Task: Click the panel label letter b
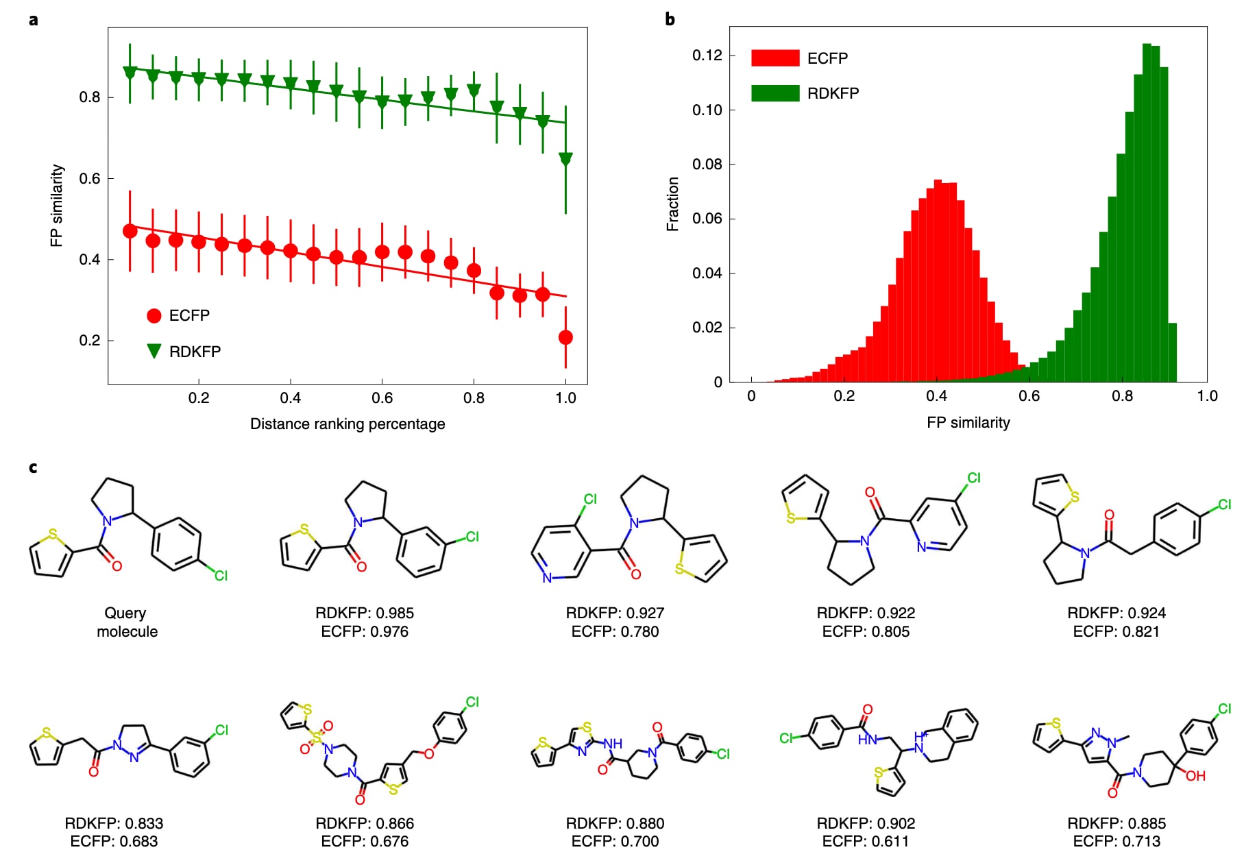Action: point(670,19)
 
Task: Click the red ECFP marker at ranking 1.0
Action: point(565,337)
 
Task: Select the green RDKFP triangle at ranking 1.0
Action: point(565,158)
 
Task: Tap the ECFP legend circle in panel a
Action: point(154,315)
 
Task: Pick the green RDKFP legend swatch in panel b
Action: point(775,93)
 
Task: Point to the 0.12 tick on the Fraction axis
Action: point(707,56)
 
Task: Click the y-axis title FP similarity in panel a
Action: point(56,206)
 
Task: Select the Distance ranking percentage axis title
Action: point(347,424)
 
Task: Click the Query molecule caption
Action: point(126,622)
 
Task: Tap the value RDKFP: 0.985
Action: point(365,613)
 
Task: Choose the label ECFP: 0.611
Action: point(866,841)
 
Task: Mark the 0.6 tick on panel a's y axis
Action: point(90,178)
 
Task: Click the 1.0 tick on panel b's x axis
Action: point(1207,396)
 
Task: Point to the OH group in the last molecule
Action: point(1195,776)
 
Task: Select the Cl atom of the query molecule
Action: point(221,576)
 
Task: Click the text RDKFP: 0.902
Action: point(866,823)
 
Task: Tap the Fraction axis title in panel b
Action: point(672,204)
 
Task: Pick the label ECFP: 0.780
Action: point(615,631)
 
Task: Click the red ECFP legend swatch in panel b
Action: point(775,58)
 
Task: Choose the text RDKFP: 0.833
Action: point(114,823)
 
